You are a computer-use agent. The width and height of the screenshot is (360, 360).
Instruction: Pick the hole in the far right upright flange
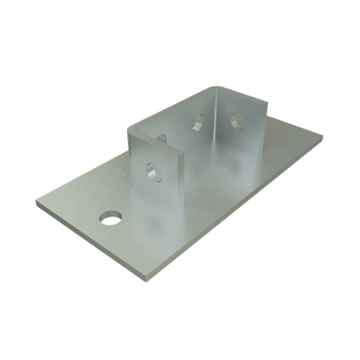[237, 120]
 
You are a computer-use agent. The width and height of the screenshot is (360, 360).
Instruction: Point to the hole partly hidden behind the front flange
[162, 138]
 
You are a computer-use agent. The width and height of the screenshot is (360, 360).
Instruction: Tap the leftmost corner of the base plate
[37, 205]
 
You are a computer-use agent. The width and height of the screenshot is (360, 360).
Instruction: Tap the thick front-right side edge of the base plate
[239, 212]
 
